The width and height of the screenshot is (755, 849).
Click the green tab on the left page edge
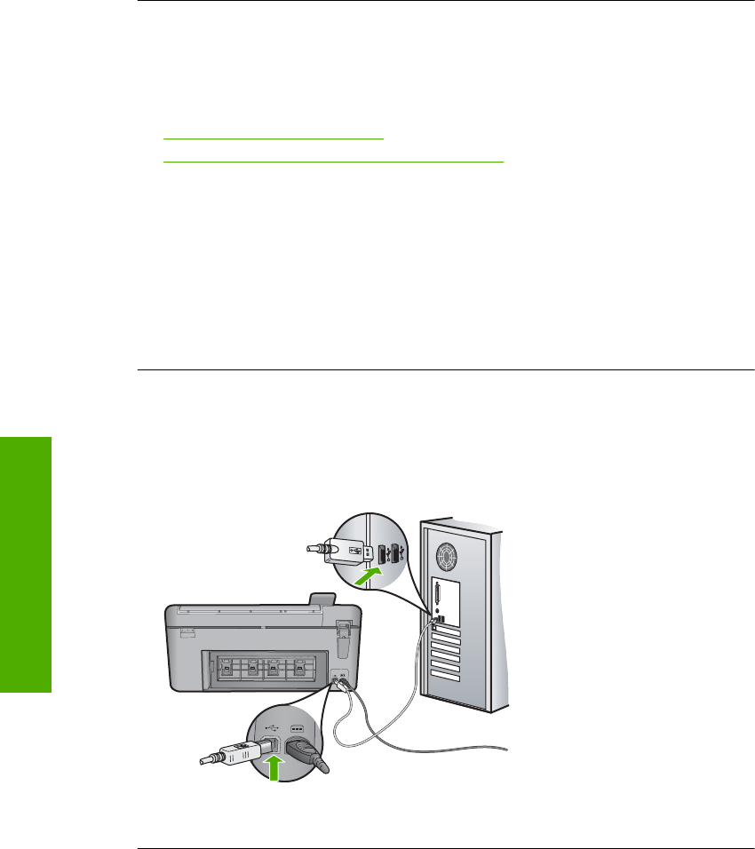point(26,565)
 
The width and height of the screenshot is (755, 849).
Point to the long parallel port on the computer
point(438,594)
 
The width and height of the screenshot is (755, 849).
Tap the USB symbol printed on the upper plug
point(355,551)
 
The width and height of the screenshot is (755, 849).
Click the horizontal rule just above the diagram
point(445,370)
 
